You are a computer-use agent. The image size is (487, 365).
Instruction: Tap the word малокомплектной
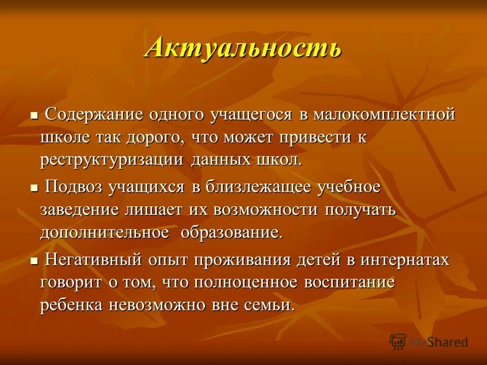click(384, 115)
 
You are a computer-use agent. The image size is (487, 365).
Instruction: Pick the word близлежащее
click(257, 187)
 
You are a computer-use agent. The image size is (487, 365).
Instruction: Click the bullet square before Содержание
click(34, 116)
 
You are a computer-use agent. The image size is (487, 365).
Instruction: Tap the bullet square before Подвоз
click(34, 188)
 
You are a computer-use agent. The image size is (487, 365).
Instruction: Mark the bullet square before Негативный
click(34, 261)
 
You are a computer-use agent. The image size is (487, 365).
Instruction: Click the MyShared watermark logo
click(429, 342)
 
